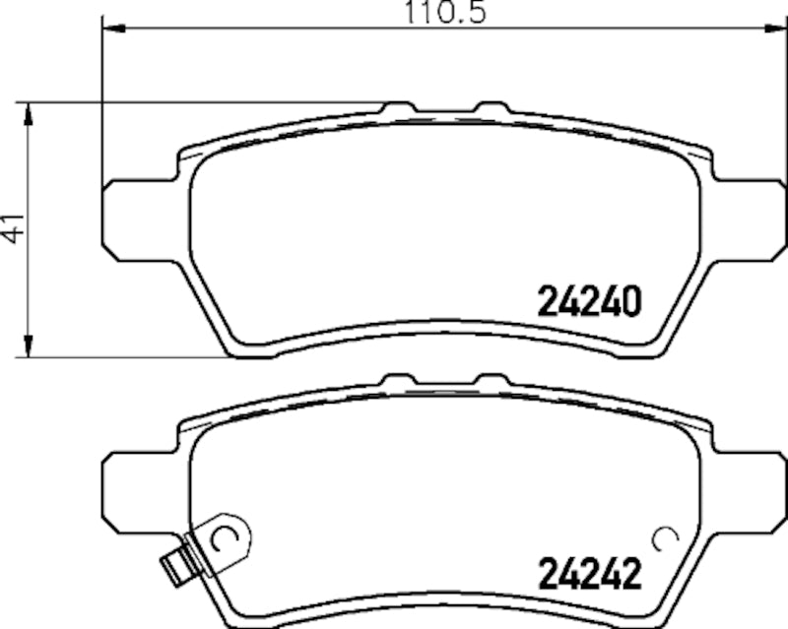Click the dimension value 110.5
443,14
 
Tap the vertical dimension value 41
12,228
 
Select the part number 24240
589,300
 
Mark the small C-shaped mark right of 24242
665,537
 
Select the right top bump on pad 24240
489,106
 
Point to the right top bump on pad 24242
489,379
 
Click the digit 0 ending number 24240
631,300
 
